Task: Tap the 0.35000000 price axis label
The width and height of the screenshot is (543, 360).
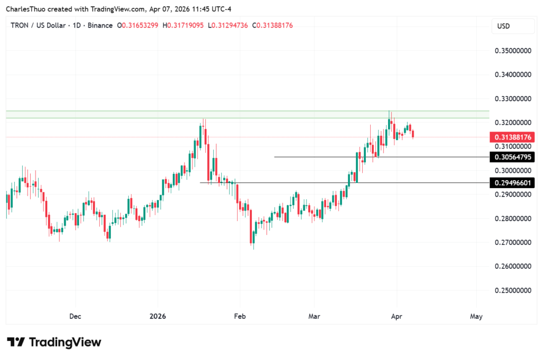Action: pyautogui.click(x=513, y=51)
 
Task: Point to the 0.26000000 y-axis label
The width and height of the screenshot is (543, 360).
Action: pyautogui.click(x=513, y=266)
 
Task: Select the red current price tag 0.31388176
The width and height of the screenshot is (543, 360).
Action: pyautogui.click(x=513, y=137)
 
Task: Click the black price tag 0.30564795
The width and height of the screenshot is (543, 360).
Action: pyautogui.click(x=513, y=157)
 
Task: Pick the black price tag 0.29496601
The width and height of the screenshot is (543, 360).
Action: pyautogui.click(x=513, y=182)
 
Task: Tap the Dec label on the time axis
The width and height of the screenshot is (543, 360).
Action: pyautogui.click(x=75, y=317)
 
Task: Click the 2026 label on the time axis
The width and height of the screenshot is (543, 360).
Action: pyautogui.click(x=157, y=317)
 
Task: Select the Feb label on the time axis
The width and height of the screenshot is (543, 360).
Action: pyautogui.click(x=240, y=317)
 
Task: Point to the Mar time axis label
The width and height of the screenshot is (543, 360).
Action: pyautogui.click(x=314, y=317)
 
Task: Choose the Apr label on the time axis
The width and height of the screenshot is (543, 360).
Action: pyautogui.click(x=396, y=317)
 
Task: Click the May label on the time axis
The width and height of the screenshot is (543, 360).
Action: pyautogui.click(x=476, y=317)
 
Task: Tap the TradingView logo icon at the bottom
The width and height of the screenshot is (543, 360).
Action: pyautogui.click(x=16, y=342)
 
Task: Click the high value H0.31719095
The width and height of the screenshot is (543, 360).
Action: pyautogui.click(x=183, y=25)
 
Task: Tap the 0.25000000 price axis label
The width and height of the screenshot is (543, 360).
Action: pyautogui.click(x=513, y=291)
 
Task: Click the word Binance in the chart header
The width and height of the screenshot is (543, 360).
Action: pyautogui.click(x=100, y=25)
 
